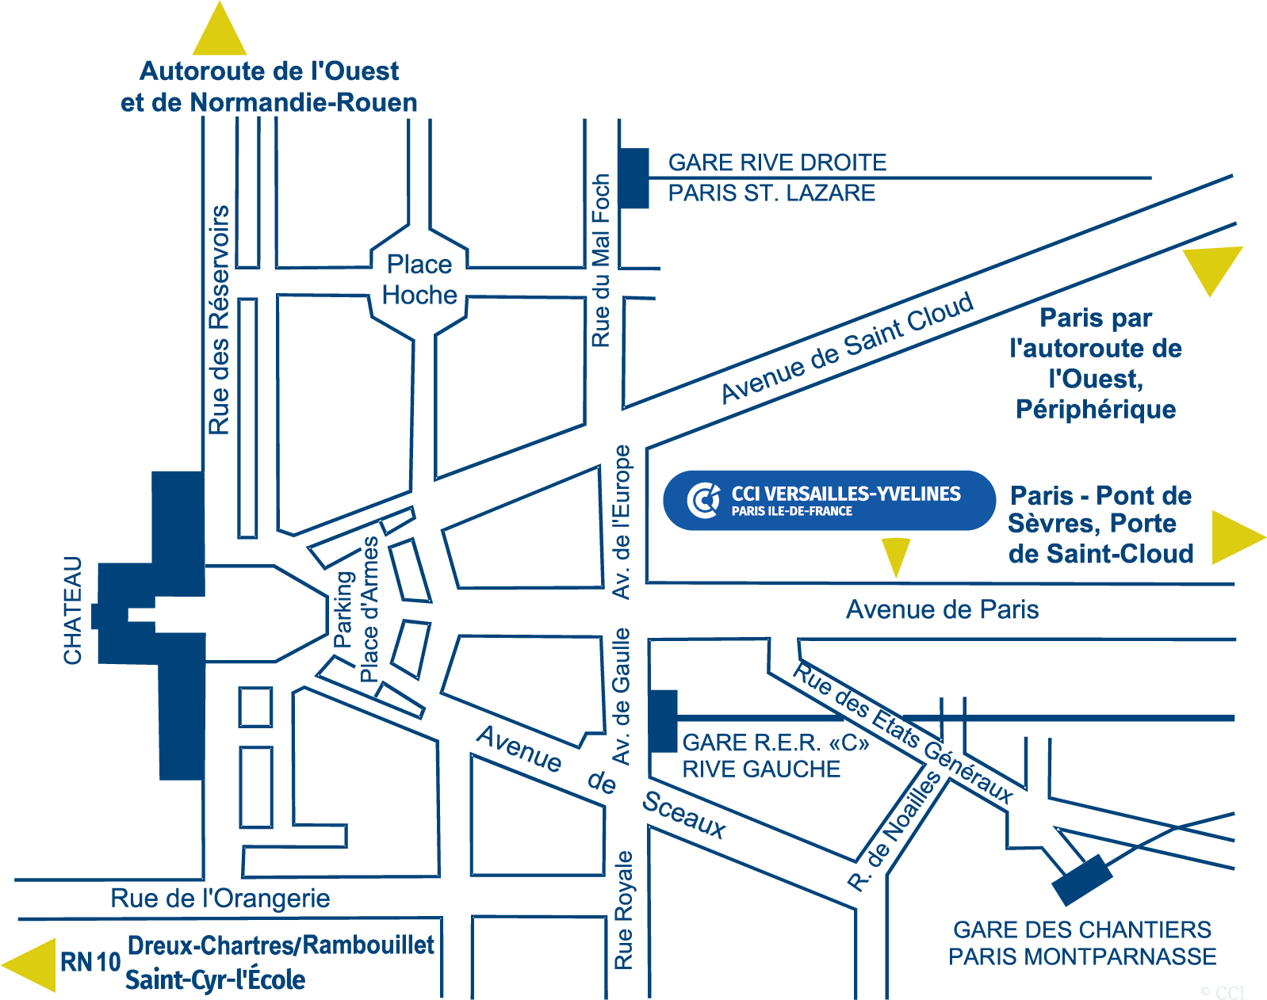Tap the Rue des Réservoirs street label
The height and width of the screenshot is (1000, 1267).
coord(219,320)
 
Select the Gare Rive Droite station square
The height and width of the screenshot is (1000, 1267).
coord(633,178)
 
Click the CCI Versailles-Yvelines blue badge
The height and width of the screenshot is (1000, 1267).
coord(829,500)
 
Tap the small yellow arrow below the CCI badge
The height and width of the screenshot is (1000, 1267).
coord(896,555)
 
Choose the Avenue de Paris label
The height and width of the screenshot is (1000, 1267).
coord(942,609)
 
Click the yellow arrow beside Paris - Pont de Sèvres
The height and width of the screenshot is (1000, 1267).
coord(1234,538)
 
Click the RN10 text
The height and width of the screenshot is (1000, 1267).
coord(90,962)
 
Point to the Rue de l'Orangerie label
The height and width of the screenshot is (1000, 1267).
coord(220,899)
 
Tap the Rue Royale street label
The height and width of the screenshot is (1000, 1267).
coord(624,910)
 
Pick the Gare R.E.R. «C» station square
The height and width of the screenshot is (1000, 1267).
coord(663,721)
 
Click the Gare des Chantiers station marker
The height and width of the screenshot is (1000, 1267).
coord(1081,880)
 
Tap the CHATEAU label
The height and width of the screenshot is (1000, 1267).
coord(73,611)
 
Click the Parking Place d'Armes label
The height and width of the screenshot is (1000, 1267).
coord(356,609)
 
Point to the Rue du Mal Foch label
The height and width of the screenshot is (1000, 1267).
coord(601,261)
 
